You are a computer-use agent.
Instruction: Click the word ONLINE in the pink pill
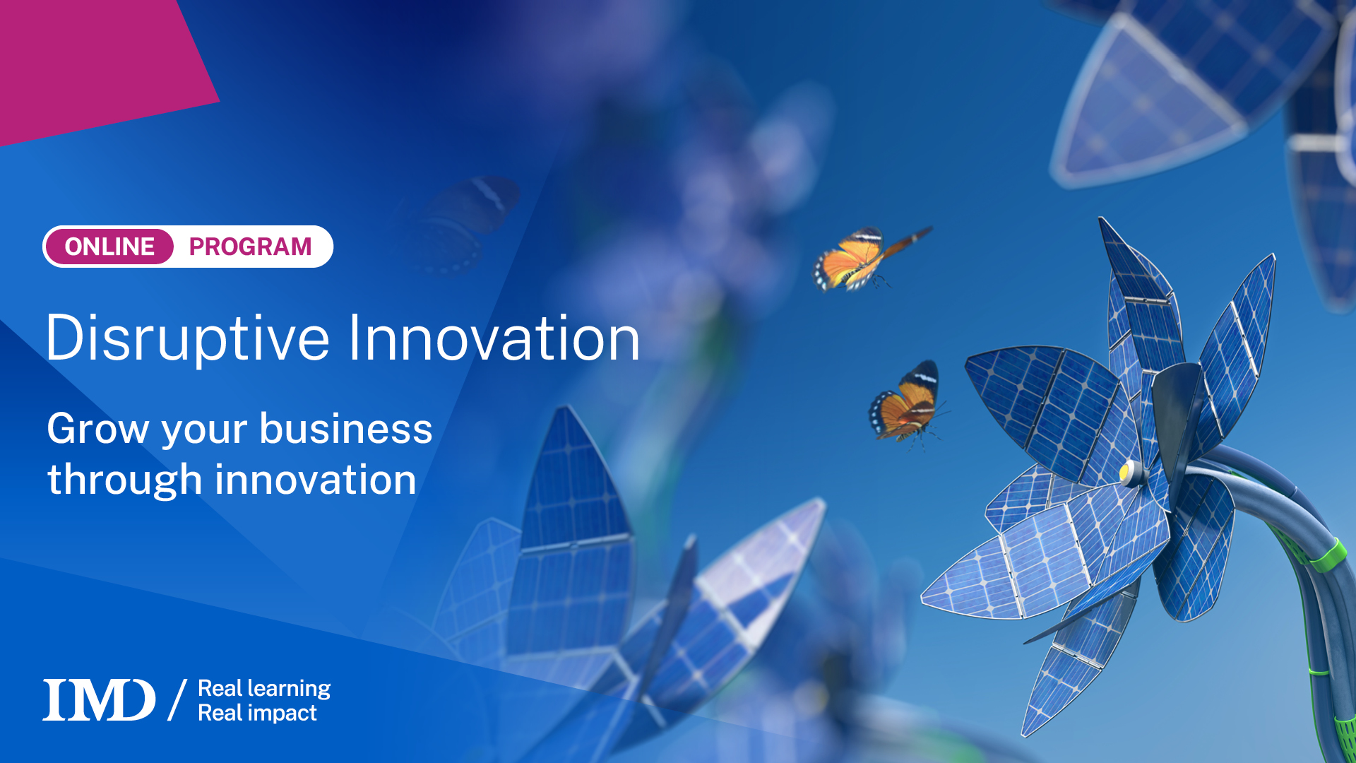click(109, 247)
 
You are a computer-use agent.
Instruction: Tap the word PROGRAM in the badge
click(250, 247)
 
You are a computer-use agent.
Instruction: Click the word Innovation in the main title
click(494, 339)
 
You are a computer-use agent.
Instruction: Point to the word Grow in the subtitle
click(97, 429)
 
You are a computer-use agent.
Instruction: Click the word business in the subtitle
click(345, 429)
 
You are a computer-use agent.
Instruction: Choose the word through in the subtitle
click(124, 480)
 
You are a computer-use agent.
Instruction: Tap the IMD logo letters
click(99, 700)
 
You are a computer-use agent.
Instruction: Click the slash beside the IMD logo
click(177, 700)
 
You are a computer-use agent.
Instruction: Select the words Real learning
click(264, 688)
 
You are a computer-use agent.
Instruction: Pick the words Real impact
click(257, 713)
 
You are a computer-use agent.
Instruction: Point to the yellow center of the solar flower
click(1125, 470)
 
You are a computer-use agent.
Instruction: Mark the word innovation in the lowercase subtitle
click(315, 480)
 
